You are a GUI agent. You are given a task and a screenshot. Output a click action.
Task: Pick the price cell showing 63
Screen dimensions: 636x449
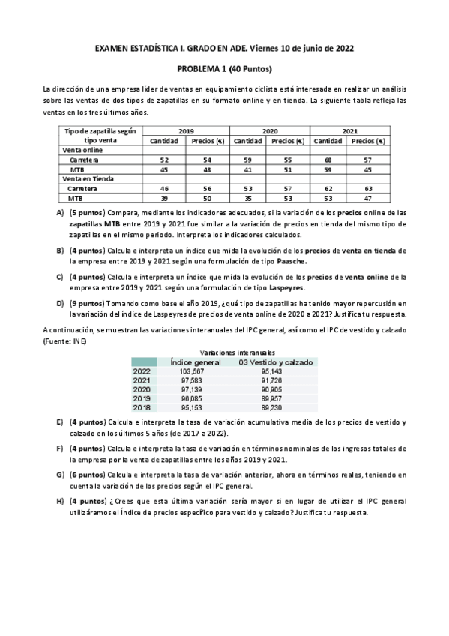point(368,189)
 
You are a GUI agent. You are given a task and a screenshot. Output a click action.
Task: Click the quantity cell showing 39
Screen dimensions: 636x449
point(163,199)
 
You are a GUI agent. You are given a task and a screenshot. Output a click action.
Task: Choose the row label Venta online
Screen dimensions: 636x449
point(82,150)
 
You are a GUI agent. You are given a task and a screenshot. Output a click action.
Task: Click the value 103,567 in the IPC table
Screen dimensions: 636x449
point(193,371)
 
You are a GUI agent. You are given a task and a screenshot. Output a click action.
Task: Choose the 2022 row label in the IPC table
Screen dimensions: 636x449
point(142,371)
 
